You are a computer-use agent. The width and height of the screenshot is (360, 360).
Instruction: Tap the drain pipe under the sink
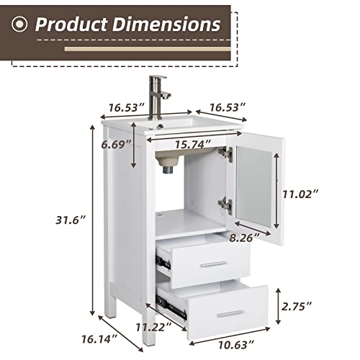click(x=170, y=167)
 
